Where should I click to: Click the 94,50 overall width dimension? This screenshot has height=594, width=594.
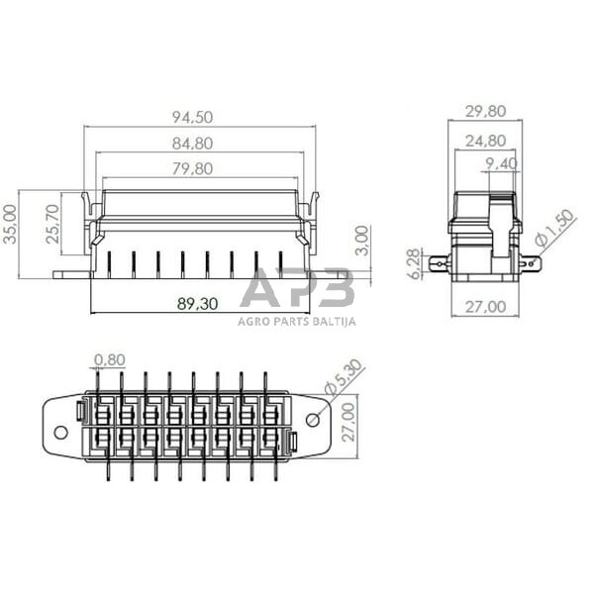[192, 118]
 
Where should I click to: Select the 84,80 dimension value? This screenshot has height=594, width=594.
[192, 145]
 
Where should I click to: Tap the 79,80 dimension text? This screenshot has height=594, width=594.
[192, 169]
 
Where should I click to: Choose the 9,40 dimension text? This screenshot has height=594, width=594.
[503, 163]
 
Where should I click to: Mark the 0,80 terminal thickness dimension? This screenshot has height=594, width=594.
[110, 359]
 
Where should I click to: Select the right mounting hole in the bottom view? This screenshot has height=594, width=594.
[313, 420]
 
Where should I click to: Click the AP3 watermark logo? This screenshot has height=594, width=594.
[296, 290]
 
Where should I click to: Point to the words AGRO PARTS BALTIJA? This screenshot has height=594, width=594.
[296, 320]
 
